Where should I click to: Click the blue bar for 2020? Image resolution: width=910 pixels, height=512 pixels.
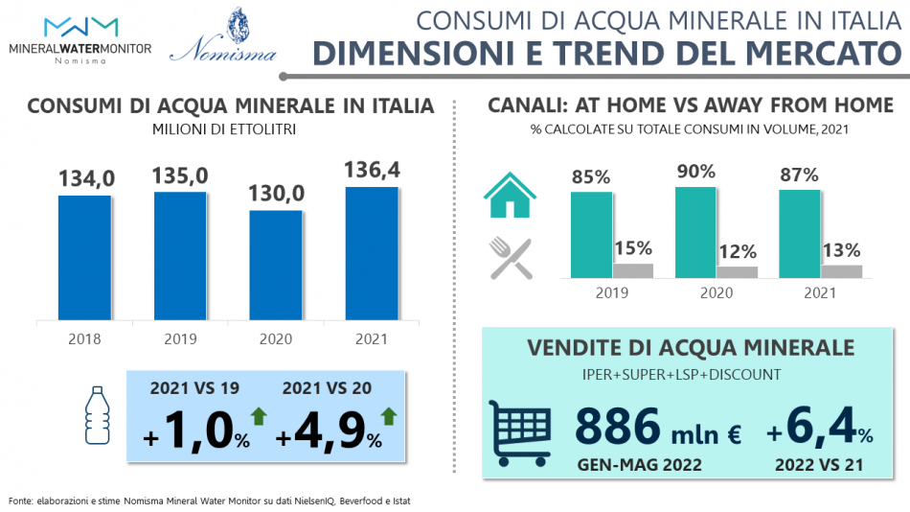click(x=276, y=265)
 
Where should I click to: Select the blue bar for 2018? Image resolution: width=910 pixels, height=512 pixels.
click(x=84, y=258)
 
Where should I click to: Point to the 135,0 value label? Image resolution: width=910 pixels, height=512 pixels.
click(x=180, y=175)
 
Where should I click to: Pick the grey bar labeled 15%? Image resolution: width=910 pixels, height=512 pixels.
click(x=633, y=270)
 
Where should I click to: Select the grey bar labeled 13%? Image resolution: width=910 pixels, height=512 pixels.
click(x=841, y=271)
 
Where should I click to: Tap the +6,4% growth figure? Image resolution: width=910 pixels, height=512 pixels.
click(x=820, y=427)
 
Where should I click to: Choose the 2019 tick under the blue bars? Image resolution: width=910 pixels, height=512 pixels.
click(x=180, y=338)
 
